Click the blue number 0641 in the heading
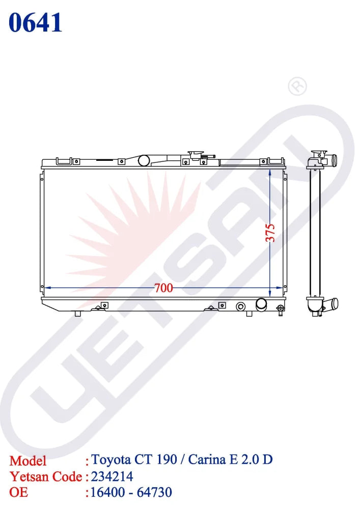coord(35,23)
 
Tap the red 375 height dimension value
coord(270,233)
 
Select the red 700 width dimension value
coord(163,288)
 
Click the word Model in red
coord(28,461)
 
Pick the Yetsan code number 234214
coord(112,476)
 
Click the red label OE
coord(19,492)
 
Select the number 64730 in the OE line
coord(154,492)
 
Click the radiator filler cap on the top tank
coord(196,155)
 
